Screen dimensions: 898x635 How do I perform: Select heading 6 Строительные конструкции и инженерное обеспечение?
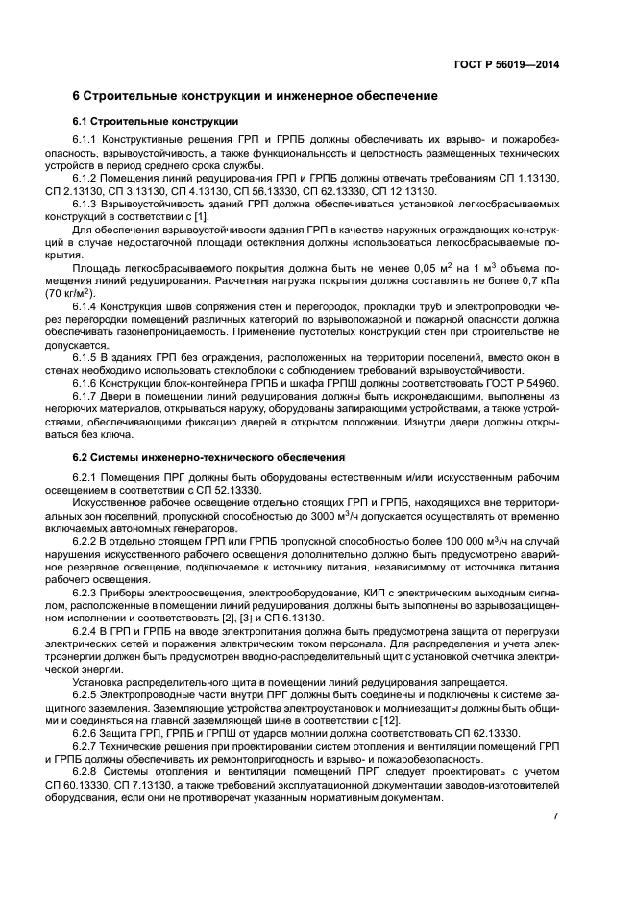pyautogui.click(x=256, y=97)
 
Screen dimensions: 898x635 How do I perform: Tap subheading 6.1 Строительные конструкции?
pyautogui.click(x=155, y=122)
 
